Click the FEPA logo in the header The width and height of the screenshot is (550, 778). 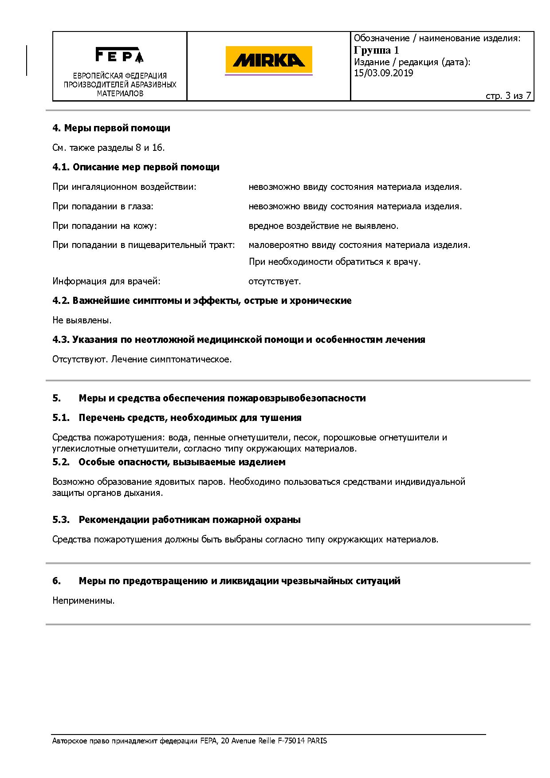click(x=119, y=55)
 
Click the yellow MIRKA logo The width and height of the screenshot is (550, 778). click(x=268, y=60)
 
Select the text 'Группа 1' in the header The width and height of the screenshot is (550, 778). click(x=376, y=50)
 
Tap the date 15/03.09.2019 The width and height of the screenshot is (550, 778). click(x=383, y=73)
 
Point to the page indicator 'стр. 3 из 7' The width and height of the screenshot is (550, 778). click(x=508, y=96)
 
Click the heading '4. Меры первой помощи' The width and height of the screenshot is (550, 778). click(x=111, y=128)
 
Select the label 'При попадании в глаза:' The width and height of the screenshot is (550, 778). click(x=103, y=206)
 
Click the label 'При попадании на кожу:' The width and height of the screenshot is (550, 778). click(x=105, y=226)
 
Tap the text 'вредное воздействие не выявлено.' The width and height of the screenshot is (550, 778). click(x=323, y=226)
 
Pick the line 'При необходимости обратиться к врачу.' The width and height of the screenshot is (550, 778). click(x=334, y=262)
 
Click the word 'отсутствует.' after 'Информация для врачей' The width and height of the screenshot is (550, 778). click(x=275, y=281)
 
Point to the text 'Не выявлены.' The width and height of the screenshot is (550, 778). click(x=82, y=320)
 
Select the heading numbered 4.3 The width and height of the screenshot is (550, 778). click(x=239, y=340)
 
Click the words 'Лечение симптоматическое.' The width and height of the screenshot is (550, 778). click(x=171, y=359)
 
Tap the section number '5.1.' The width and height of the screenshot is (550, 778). click(x=61, y=418)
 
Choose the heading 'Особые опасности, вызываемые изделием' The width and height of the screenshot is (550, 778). click(x=182, y=462)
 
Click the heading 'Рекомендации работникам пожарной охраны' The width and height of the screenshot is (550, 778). click(x=189, y=520)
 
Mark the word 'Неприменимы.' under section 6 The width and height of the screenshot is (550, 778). click(x=83, y=601)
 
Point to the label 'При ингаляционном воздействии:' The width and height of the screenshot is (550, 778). click(x=124, y=187)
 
